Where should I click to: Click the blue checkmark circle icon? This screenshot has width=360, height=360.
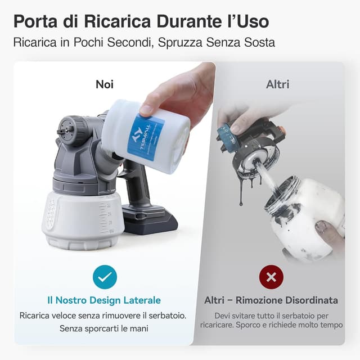point(105,277)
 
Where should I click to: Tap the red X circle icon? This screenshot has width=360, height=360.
point(271,277)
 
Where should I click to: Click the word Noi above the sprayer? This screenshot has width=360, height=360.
point(105,84)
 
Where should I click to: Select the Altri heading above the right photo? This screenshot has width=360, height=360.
point(277,84)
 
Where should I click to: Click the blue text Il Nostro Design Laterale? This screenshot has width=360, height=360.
point(104,300)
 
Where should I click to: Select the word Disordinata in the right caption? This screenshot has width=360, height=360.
point(312,300)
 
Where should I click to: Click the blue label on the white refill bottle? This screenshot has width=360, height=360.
point(145,136)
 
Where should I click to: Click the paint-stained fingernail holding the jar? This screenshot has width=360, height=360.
point(321,227)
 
